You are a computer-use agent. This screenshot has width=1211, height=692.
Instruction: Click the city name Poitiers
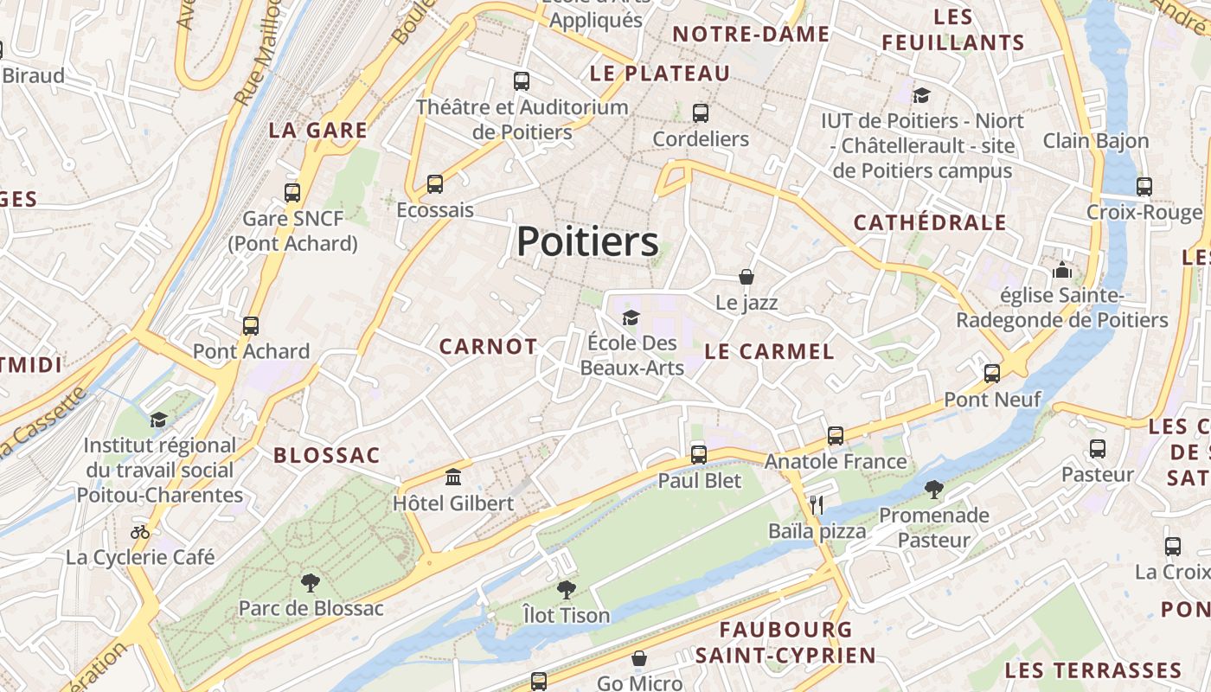(x=587, y=242)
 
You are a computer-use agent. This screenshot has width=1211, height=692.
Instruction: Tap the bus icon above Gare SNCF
(x=292, y=192)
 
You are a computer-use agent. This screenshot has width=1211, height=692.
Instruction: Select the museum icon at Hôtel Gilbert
(x=452, y=477)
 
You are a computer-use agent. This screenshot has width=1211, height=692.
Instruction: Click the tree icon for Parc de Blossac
(x=310, y=582)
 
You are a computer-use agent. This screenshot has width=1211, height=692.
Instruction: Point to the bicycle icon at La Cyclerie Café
(x=140, y=531)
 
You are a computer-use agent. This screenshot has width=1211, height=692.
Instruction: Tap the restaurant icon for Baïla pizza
(x=817, y=504)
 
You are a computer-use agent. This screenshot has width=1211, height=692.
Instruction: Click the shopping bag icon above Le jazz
(x=746, y=277)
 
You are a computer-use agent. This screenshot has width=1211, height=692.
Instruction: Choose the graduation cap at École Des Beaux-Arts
(x=631, y=317)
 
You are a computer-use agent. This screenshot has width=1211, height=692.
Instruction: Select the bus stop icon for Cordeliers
(x=701, y=112)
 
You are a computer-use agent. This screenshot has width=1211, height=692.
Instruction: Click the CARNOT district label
(x=488, y=347)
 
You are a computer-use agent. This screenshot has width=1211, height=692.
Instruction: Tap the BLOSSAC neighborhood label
(x=327, y=455)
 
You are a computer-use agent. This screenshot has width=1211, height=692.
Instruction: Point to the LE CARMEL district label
(x=770, y=351)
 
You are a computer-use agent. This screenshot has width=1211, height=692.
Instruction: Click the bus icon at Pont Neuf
(x=992, y=374)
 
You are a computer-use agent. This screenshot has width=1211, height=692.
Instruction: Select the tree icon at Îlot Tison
(x=567, y=590)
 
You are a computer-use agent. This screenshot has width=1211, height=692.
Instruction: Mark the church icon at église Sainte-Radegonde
(x=1062, y=270)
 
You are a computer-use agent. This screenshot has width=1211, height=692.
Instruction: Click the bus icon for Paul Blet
(x=699, y=454)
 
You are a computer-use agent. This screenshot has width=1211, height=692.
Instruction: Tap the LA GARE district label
(x=317, y=131)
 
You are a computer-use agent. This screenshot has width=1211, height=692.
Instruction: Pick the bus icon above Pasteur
(x=1098, y=449)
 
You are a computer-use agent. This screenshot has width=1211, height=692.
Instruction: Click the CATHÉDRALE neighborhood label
(x=930, y=222)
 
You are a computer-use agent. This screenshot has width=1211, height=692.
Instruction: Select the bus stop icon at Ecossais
(x=435, y=184)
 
